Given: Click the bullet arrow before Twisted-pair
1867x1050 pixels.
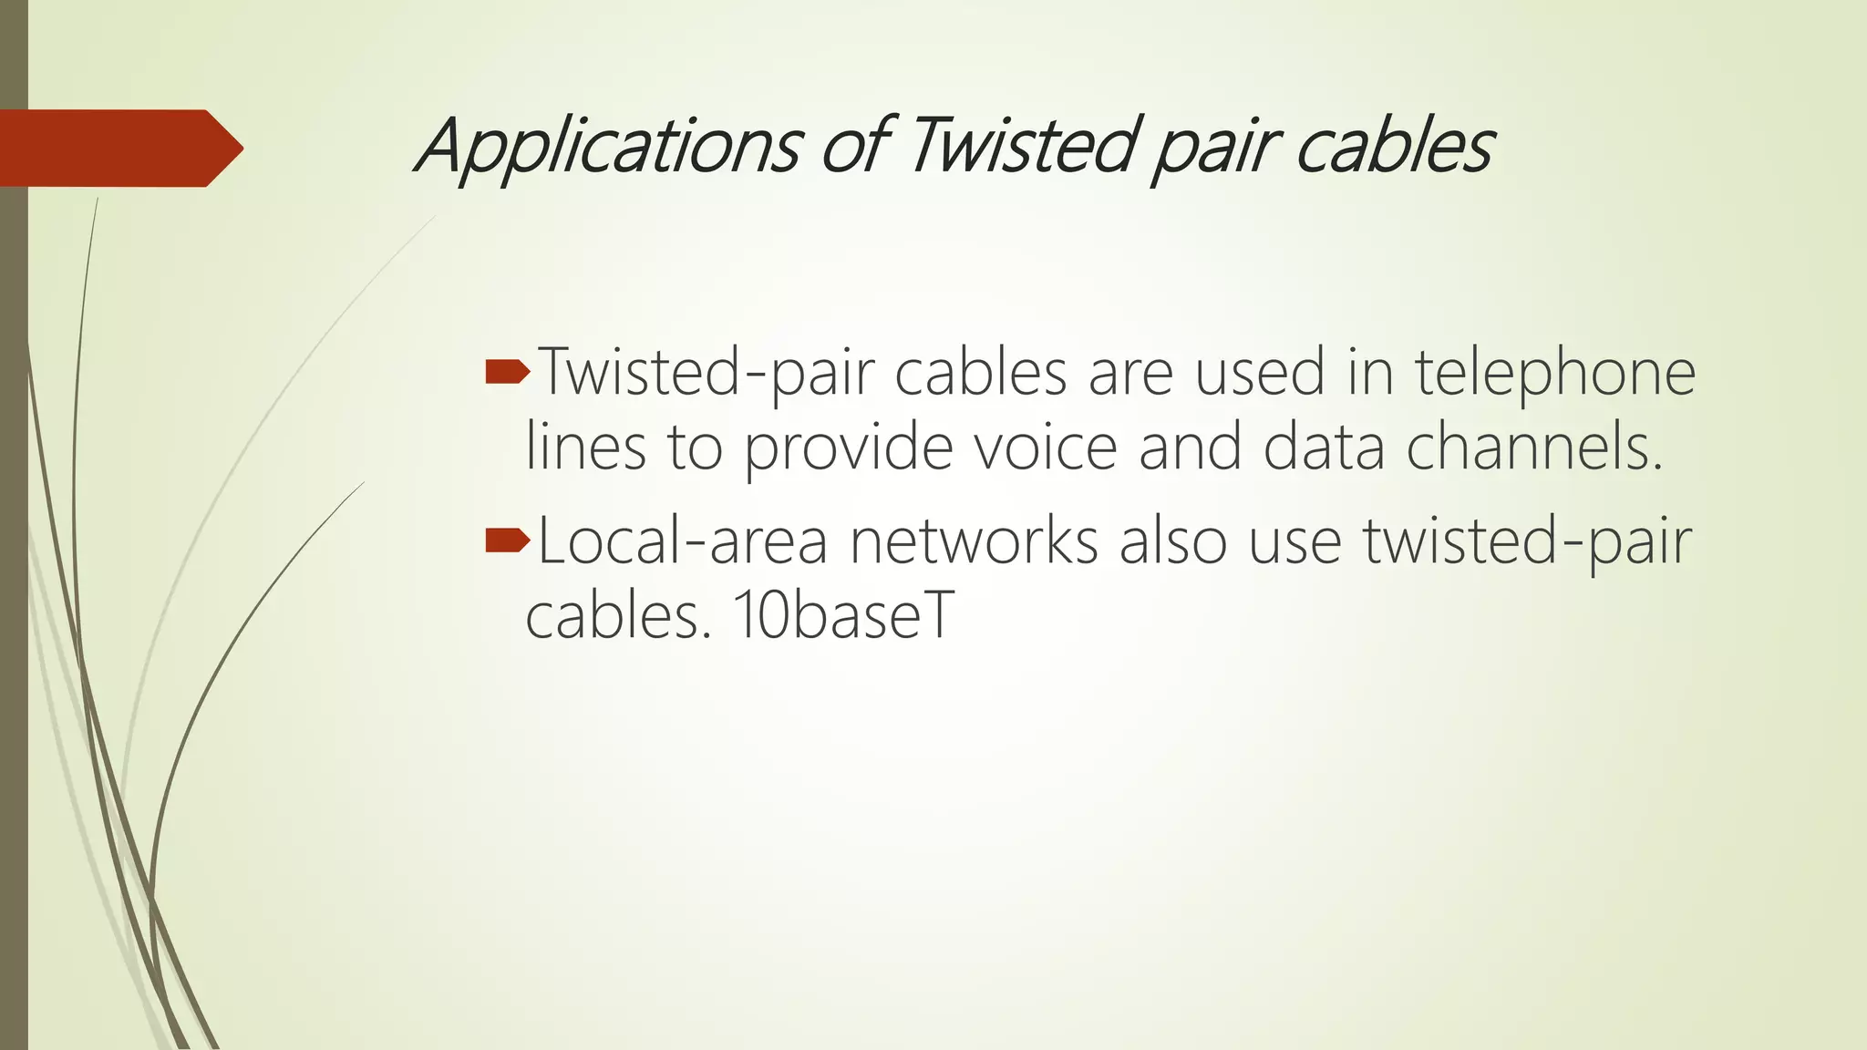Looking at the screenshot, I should coord(507,371).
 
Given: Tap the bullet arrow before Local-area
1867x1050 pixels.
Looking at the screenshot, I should coord(507,540).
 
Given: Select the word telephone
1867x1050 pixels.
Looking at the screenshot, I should coord(1554,374).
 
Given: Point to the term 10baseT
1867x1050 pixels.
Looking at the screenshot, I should coord(842,615).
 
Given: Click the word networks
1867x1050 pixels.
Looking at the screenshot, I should coord(974,540).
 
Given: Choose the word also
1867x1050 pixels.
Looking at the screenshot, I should coord(1172,540).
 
